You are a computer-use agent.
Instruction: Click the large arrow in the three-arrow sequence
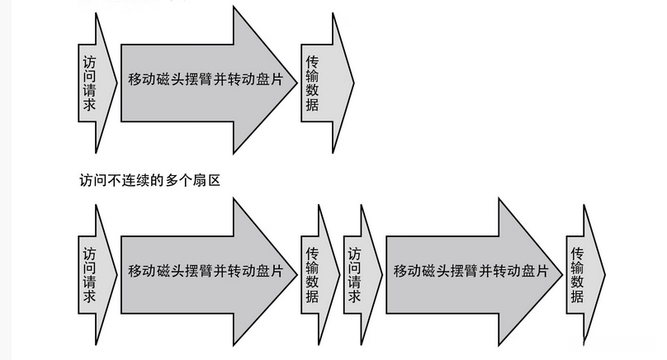(198, 82)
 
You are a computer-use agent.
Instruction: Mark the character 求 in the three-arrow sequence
(89, 104)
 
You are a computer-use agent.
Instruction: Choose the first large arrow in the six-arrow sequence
(198, 272)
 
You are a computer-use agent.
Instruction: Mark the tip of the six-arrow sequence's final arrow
(605, 272)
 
